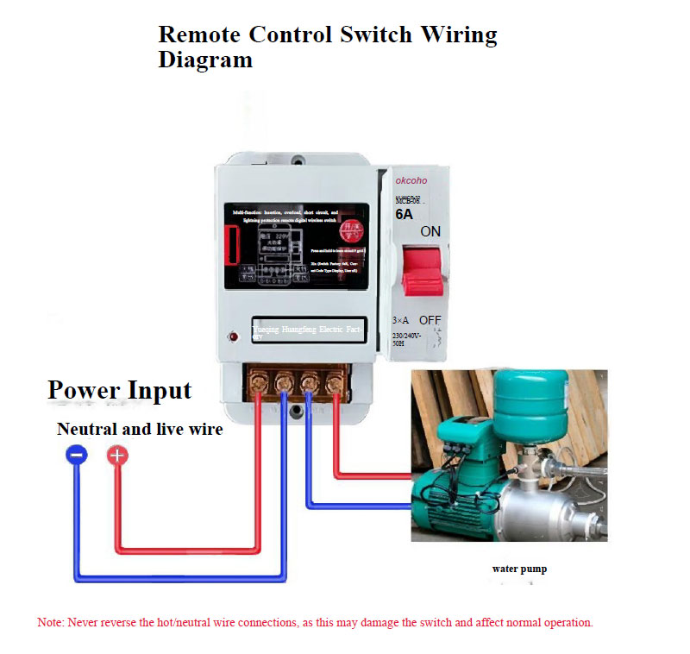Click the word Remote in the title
click(199, 35)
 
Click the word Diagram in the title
click(205, 60)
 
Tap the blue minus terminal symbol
click(77, 456)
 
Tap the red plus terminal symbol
click(117, 456)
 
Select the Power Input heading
click(119, 390)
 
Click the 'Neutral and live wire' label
click(140, 429)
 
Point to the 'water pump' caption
click(519, 569)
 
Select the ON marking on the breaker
click(430, 232)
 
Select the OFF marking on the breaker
click(430, 320)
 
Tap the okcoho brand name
click(413, 182)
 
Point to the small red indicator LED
click(233, 336)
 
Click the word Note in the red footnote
click(49, 622)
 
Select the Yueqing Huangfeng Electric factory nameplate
click(306, 330)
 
